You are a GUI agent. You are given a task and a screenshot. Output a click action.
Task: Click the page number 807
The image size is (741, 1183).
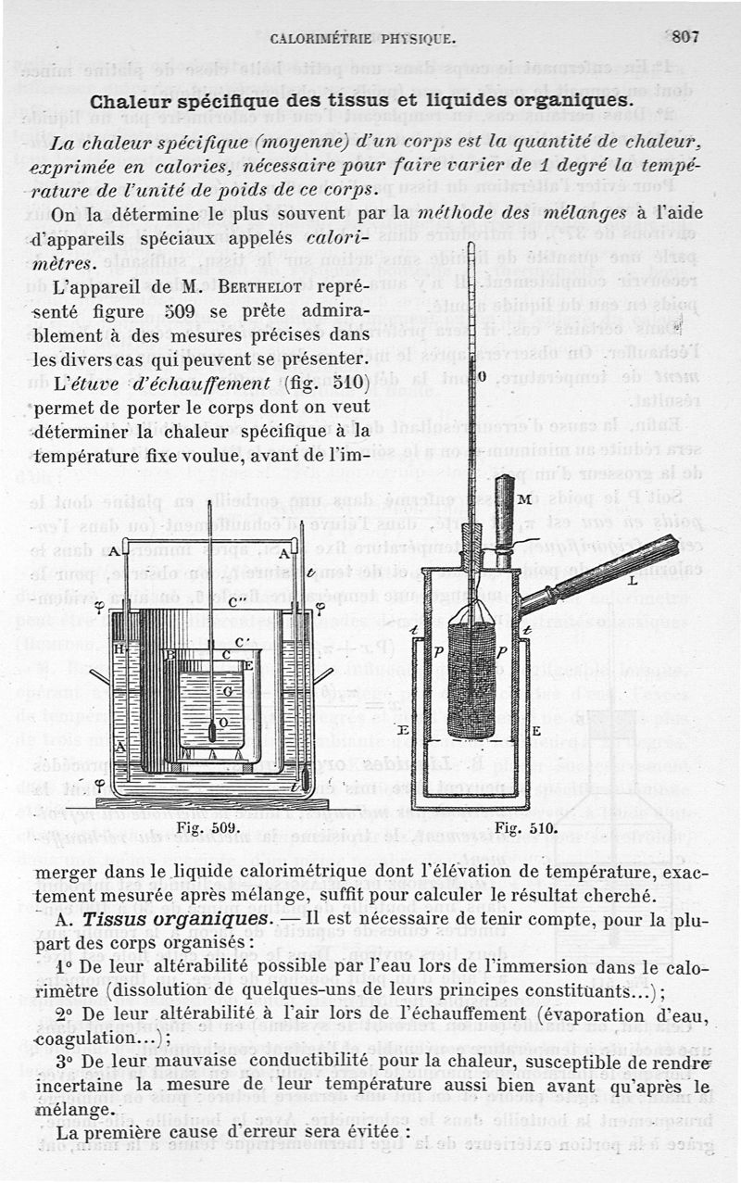[x=684, y=37]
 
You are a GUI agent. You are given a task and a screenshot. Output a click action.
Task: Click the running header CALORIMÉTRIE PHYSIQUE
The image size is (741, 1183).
[x=362, y=39]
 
